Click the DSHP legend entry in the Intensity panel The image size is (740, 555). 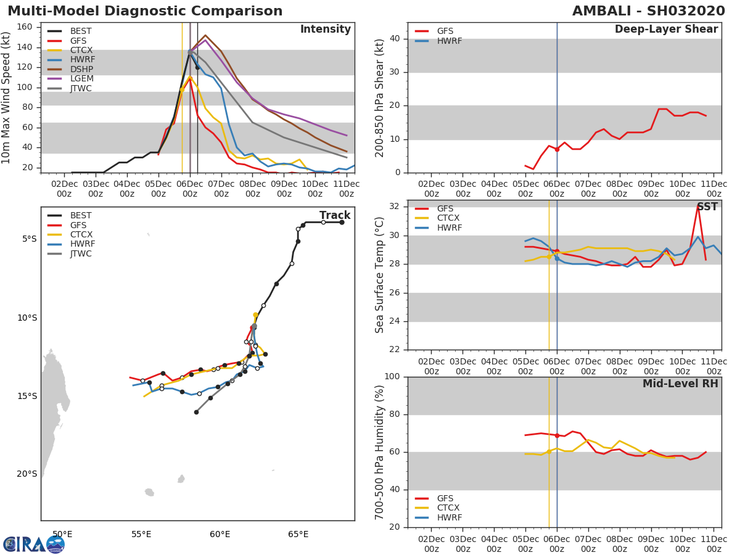pos(70,69)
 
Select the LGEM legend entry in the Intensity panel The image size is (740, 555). pos(70,78)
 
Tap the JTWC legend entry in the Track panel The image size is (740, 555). pos(70,253)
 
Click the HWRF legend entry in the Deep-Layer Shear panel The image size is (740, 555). pos(438,41)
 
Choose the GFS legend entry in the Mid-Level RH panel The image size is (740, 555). pos(434,498)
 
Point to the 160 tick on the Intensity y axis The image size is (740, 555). pos(25,27)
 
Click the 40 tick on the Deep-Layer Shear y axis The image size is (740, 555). pos(395,38)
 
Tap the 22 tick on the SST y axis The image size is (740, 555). pos(395,350)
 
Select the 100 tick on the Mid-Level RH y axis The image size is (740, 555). pos(392,376)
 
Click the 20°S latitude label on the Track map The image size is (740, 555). pos(27,474)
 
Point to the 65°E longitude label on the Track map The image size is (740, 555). pos(298,534)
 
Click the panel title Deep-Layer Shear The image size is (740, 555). pos(666,29)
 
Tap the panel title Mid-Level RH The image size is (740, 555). pos(680,384)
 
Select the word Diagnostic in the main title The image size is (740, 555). pos(146,10)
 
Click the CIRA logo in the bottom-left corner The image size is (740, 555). pos(34,545)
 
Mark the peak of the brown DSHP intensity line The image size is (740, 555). pos(205,35)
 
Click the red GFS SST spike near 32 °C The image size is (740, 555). pos(697,206)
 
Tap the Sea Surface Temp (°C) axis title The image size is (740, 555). pos(379,275)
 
